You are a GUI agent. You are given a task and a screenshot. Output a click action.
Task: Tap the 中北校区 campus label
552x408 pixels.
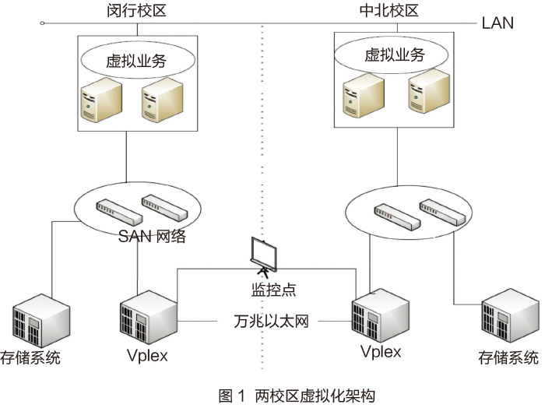390,11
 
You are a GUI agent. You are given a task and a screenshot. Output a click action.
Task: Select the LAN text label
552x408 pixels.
498,22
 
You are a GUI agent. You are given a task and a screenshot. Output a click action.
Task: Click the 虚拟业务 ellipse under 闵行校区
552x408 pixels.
137,58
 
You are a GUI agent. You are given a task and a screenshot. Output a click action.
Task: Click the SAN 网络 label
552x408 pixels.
152,237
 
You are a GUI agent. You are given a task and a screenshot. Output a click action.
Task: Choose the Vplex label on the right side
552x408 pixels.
381,351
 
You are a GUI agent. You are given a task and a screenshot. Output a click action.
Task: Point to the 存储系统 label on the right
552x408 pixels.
508,357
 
